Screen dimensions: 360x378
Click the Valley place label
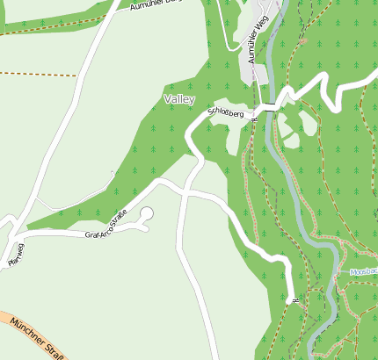178,100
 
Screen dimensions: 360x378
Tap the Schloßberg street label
226,112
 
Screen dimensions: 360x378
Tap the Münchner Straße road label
35,338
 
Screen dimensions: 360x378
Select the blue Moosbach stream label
363,273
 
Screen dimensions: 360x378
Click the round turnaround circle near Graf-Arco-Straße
146,213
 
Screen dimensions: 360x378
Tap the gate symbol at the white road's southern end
294,301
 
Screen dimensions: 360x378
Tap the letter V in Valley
167,100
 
